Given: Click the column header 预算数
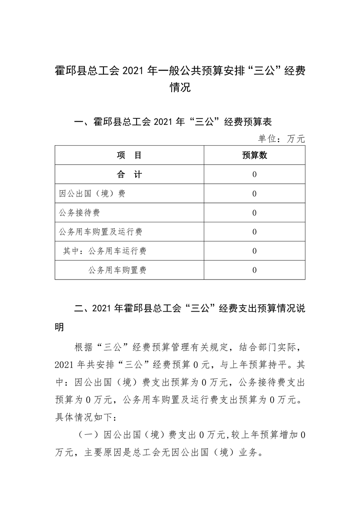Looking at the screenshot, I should (254, 156).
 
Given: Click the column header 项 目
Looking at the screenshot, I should (129, 156).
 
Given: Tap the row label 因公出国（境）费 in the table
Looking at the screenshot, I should (92, 194).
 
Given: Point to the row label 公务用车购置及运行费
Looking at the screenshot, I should (101, 232).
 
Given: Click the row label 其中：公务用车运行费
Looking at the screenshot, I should (105, 251).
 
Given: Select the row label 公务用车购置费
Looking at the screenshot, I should (118, 270).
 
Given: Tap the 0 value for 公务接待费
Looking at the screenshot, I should (254, 213).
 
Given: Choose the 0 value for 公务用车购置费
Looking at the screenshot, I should (254, 270).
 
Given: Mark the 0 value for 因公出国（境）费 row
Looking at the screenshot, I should (254, 194).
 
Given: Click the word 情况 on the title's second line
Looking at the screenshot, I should (180, 88).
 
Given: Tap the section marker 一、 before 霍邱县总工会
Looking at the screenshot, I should (82, 122).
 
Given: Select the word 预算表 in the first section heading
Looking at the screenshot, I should (257, 122).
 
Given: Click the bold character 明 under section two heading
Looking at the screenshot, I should (60, 327).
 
